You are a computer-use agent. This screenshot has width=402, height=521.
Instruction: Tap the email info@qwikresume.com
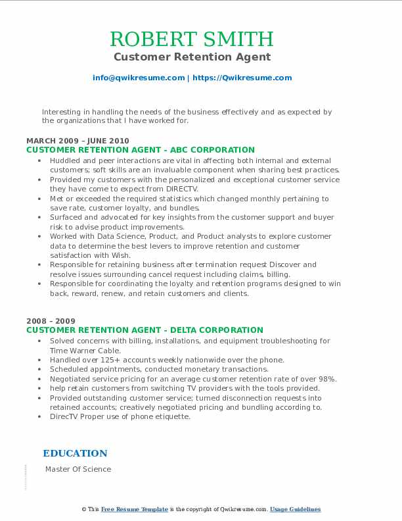[x=139, y=78]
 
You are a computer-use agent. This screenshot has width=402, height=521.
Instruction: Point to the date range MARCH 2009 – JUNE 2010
[x=78, y=141]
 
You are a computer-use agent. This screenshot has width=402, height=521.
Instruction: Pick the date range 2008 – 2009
[x=47, y=321]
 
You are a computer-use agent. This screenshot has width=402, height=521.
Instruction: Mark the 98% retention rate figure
[x=328, y=379]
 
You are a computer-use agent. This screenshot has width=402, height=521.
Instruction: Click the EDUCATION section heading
[x=75, y=453]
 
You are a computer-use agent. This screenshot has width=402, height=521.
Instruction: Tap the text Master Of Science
[x=78, y=470]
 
